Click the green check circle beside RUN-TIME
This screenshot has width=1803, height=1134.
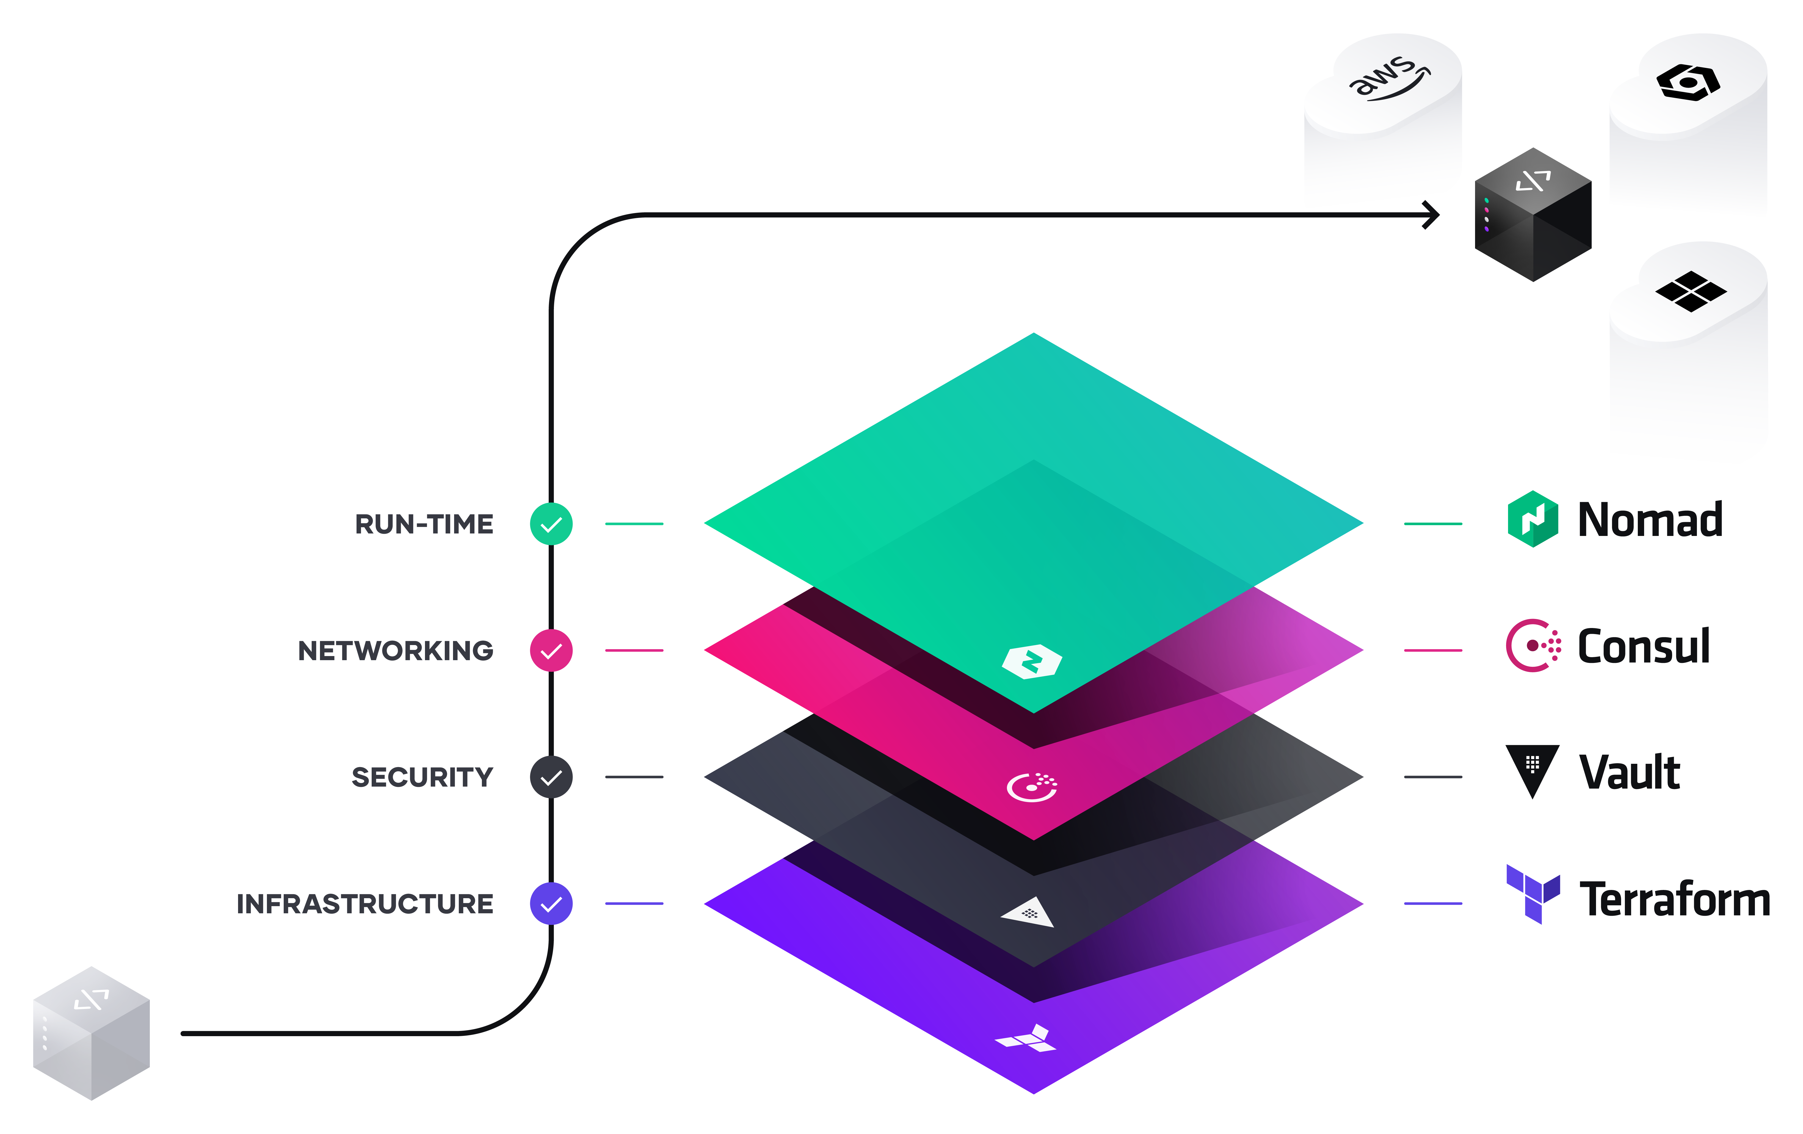[x=551, y=524]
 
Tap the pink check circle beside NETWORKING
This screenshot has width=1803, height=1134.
[x=551, y=651]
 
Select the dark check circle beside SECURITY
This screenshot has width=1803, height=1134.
[x=551, y=777]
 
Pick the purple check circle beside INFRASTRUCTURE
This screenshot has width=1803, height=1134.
[x=551, y=903]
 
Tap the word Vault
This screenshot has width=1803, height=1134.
[x=1629, y=773]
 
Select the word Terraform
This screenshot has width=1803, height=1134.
[x=1674, y=899]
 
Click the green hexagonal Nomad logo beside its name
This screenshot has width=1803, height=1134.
[x=1533, y=519]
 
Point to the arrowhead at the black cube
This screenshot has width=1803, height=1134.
[x=1432, y=215]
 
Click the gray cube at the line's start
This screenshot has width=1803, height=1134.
[x=91, y=1033]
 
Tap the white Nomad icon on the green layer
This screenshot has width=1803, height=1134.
[x=1032, y=661]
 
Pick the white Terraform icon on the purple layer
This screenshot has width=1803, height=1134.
[x=1026, y=1039]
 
